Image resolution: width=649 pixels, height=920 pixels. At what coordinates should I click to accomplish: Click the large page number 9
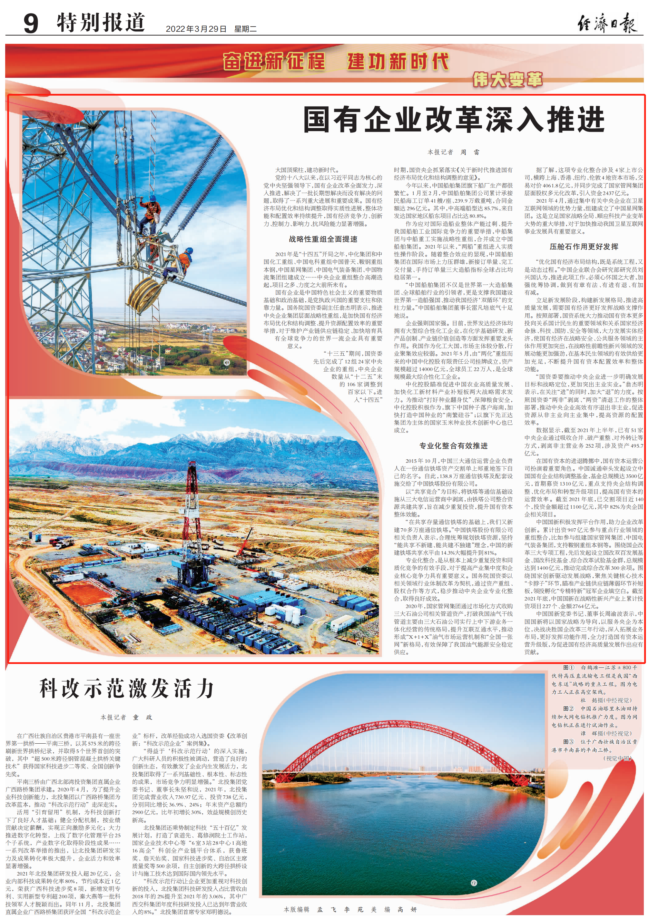[x=31, y=23]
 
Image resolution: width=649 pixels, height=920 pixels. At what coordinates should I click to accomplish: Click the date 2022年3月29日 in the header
[x=196, y=29]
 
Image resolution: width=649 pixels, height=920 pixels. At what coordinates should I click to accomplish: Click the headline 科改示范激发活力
[x=127, y=688]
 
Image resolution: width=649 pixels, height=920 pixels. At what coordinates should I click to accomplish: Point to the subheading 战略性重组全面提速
[x=323, y=239]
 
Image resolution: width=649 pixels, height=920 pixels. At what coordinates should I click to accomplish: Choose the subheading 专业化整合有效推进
[x=453, y=446]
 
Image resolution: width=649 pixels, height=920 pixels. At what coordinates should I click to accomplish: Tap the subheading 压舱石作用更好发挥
[x=584, y=246]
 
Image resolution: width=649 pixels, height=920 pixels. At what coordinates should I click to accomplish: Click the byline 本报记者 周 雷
[x=453, y=152]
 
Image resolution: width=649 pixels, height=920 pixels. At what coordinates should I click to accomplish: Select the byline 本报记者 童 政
[x=126, y=717]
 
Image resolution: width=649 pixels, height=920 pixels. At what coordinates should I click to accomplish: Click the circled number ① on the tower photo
[x=226, y=363]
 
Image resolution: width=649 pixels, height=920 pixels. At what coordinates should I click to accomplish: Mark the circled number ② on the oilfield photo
[x=358, y=644]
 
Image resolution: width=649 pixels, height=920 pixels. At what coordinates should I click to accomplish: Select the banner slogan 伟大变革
[x=508, y=80]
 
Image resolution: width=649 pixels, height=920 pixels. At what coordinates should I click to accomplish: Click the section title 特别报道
[x=101, y=22]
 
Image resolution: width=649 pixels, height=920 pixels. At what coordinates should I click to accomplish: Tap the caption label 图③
[x=569, y=742]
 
